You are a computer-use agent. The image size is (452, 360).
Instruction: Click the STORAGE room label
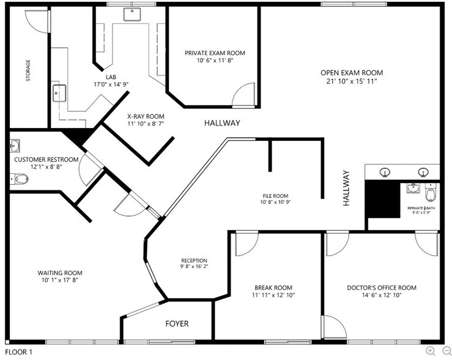(x=28, y=71)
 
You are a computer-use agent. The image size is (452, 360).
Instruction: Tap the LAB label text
(x=111, y=77)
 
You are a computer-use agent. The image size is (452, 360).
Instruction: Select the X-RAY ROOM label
(x=146, y=116)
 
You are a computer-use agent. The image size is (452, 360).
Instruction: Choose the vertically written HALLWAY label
(x=346, y=187)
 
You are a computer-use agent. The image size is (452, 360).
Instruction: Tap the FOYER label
(x=177, y=323)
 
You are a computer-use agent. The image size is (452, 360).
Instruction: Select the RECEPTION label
(x=193, y=260)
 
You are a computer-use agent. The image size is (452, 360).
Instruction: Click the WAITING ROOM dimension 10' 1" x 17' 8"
(x=59, y=280)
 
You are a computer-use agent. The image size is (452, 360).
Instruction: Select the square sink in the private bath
(x=413, y=189)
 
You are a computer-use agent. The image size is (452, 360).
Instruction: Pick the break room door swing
(x=245, y=244)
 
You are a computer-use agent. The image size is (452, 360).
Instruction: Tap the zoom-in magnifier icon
(x=431, y=351)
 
